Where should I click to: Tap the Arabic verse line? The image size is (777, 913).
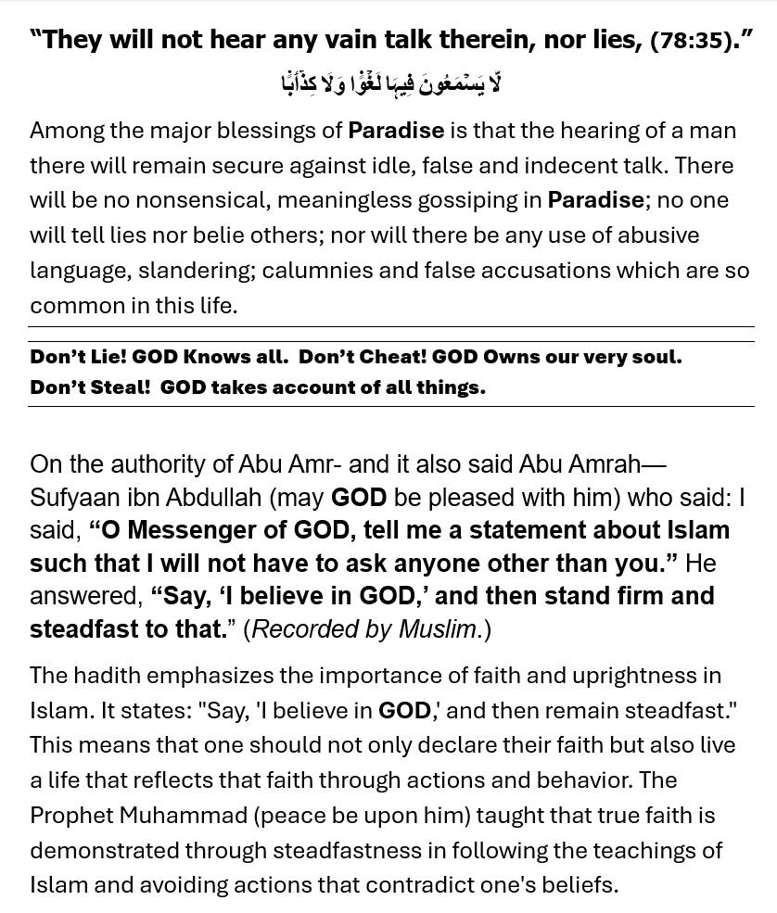[x=390, y=83]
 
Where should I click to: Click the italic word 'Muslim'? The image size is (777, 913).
[x=437, y=629]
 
